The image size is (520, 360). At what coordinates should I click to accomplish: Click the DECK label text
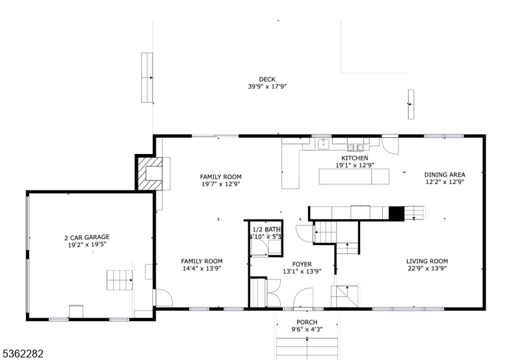click(266, 79)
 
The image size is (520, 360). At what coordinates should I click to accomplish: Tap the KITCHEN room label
click(355, 158)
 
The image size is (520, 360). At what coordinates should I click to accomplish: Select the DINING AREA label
click(444, 174)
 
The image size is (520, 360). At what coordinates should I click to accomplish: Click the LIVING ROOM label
click(427, 261)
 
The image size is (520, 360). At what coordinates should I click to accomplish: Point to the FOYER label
click(302, 264)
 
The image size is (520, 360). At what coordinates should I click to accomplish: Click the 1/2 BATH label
click(266, 229)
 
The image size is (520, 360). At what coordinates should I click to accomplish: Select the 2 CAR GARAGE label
click(86, 237)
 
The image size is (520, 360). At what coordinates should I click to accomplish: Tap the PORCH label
click(307, 322)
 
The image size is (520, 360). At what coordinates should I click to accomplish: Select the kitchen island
click(354, 176)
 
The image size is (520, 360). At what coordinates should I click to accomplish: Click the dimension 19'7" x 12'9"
click(220, 185)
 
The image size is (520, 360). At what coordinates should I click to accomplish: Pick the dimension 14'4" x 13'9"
click(201, 268)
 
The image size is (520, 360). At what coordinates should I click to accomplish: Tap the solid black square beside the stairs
click(396, 212)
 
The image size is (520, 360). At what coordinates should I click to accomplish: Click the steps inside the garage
click(119, 281)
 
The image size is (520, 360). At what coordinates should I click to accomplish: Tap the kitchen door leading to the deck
click(391, 144)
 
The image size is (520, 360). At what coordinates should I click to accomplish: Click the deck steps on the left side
click(147, 77)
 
